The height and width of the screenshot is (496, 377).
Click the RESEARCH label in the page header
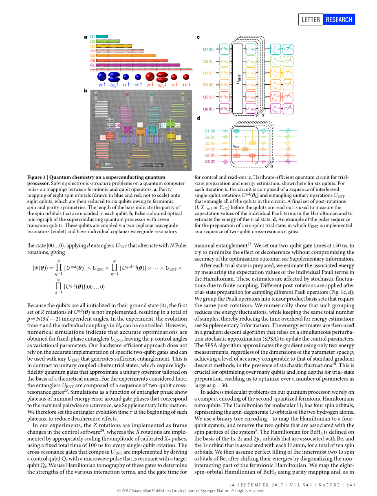(338, 20)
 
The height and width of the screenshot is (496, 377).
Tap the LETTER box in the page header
(311, 20)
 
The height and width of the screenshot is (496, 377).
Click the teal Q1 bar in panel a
(102, 37)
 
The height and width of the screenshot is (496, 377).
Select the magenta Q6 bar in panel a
(138, 65)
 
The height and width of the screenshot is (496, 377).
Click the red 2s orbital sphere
(150, 76)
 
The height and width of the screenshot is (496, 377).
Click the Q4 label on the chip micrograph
(140, 125)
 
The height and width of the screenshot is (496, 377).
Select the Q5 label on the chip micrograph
(103, 138)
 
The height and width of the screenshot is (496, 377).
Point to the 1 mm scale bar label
(107, 164)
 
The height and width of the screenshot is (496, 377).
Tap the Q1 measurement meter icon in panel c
(288, 49)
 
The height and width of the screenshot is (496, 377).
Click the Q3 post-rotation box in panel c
(276, 73)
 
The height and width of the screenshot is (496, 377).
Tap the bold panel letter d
(198, 118)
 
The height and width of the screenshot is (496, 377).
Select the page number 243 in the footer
(352, 485)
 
